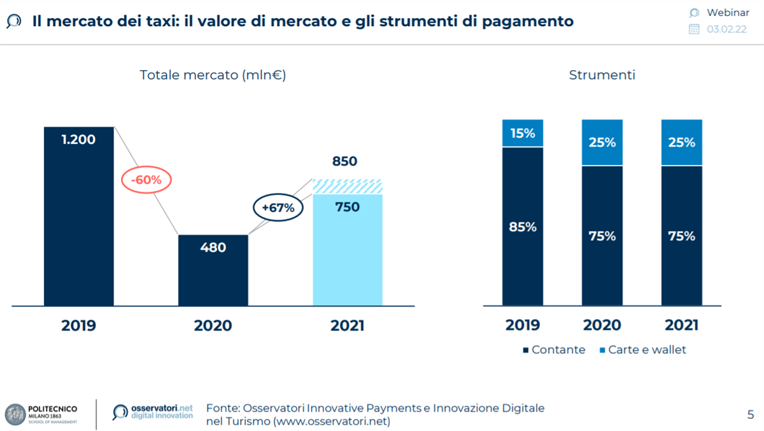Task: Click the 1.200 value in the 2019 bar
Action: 78,139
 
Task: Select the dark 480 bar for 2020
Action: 213,271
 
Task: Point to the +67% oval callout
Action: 278,207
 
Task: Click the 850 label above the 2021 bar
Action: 344,162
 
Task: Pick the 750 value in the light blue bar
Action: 347,207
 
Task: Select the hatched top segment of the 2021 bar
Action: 348,186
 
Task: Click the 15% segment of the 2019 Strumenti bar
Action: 523,133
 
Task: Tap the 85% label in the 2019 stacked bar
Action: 523,226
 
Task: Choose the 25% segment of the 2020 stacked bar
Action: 602,143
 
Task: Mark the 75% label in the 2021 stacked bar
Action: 682,236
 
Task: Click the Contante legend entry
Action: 553,350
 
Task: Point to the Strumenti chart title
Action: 602,75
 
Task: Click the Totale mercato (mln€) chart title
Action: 213,75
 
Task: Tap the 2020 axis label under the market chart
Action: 213,325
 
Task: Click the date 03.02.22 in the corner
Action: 726,29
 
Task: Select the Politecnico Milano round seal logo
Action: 15,414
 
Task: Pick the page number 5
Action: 750,414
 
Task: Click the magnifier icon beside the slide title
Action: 13,22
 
